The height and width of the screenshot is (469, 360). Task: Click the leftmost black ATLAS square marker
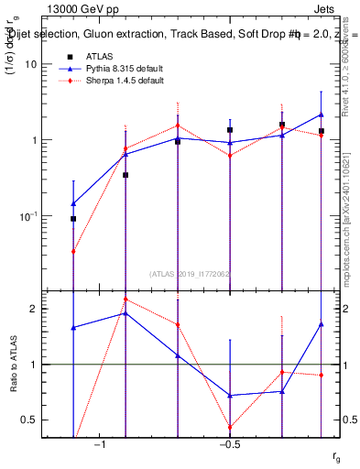tap(73, 219)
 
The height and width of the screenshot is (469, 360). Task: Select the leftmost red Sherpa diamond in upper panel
tap(73, 251)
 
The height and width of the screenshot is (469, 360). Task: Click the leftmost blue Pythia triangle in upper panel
tap(73, 202)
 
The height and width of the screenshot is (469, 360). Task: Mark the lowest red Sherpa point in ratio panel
tap(230, 427)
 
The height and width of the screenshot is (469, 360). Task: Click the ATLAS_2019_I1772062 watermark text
tap(190, 273)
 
